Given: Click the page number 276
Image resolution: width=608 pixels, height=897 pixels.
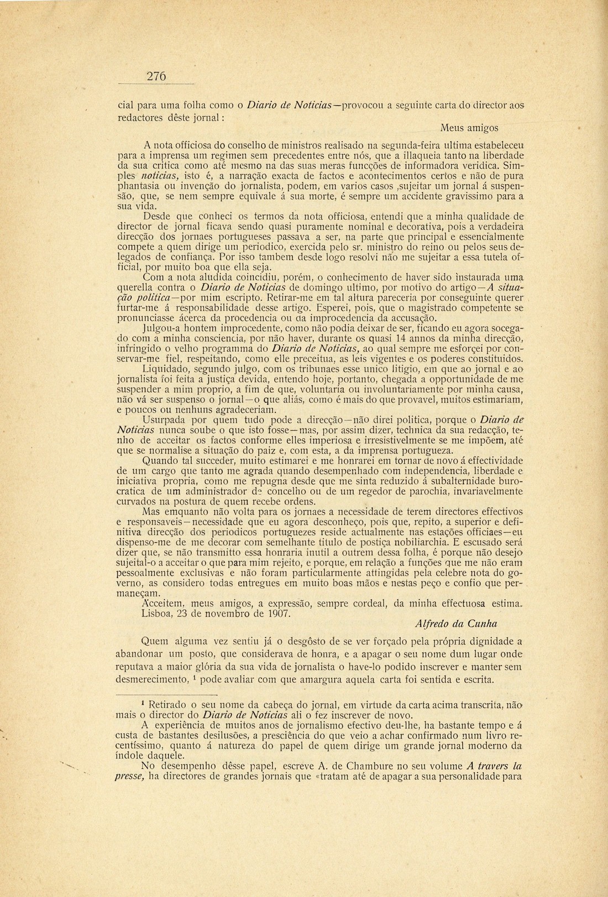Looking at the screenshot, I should pos(156,77).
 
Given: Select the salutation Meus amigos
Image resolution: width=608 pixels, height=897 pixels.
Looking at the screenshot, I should pos(470,128).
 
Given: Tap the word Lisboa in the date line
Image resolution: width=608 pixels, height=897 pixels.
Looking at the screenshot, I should pos(158,613).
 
